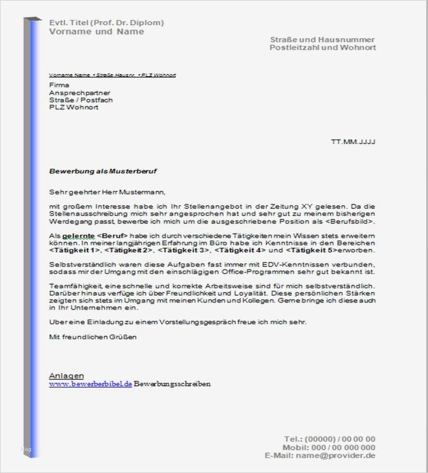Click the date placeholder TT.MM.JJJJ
(x=353, y=142)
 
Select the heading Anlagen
(x=66, y=376)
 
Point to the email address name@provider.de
(x=335, y=456)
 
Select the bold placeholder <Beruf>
(x=113, y=236)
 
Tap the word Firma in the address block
(x=59, y=85)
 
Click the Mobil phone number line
(x=329, y=448)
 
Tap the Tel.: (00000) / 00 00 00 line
(x=330, y=439)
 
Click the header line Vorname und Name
(x=96, y=32)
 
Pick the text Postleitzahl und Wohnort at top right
(x=322, y=48)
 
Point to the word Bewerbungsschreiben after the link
(x=172, y=384)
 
